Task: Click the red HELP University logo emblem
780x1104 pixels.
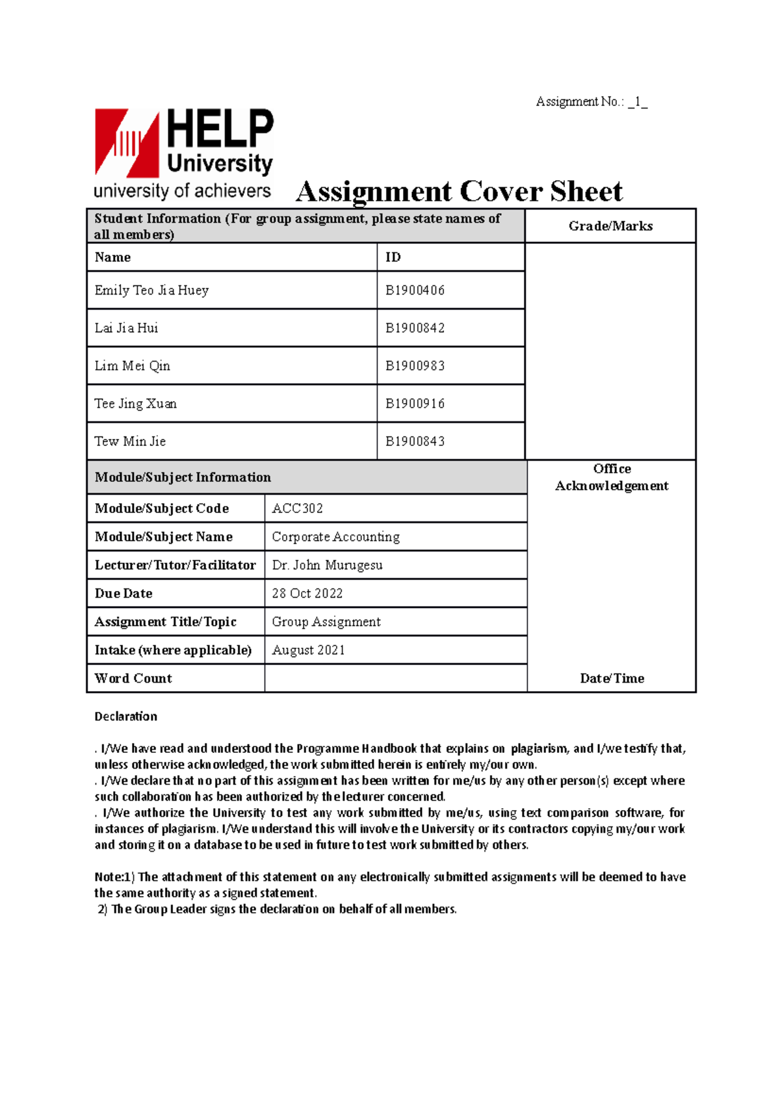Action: click(127, 143)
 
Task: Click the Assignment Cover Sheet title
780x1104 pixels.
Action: click(459, 192)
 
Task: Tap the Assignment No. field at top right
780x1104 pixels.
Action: click(591, 101)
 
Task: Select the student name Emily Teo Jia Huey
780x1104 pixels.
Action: click(151, 291)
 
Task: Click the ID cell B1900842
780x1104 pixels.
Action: click(415, 328)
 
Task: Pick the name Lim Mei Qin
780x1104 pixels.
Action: click(132, 366)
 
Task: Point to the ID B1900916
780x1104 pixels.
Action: click(415, 404)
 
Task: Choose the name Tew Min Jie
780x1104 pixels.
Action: click(130, 441)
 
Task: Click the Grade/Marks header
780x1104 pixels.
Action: click(610, 226)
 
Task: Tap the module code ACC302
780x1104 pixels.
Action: click(297, 508)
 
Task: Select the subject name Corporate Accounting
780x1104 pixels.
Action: click(335, 537)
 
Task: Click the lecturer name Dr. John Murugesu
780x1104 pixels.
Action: click(327, 565)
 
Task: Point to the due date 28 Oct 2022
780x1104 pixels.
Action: click(307, 594)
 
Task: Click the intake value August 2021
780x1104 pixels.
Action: click(308, 650)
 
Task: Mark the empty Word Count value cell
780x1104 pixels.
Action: click(395, 678)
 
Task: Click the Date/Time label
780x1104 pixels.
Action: click(612, 678)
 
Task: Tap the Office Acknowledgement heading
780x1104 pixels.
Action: click(612, 477)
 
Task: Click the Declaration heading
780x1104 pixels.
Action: click(126, 716)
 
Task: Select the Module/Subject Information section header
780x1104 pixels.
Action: click(183, 477)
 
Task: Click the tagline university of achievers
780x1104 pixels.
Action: click(182, 191)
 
